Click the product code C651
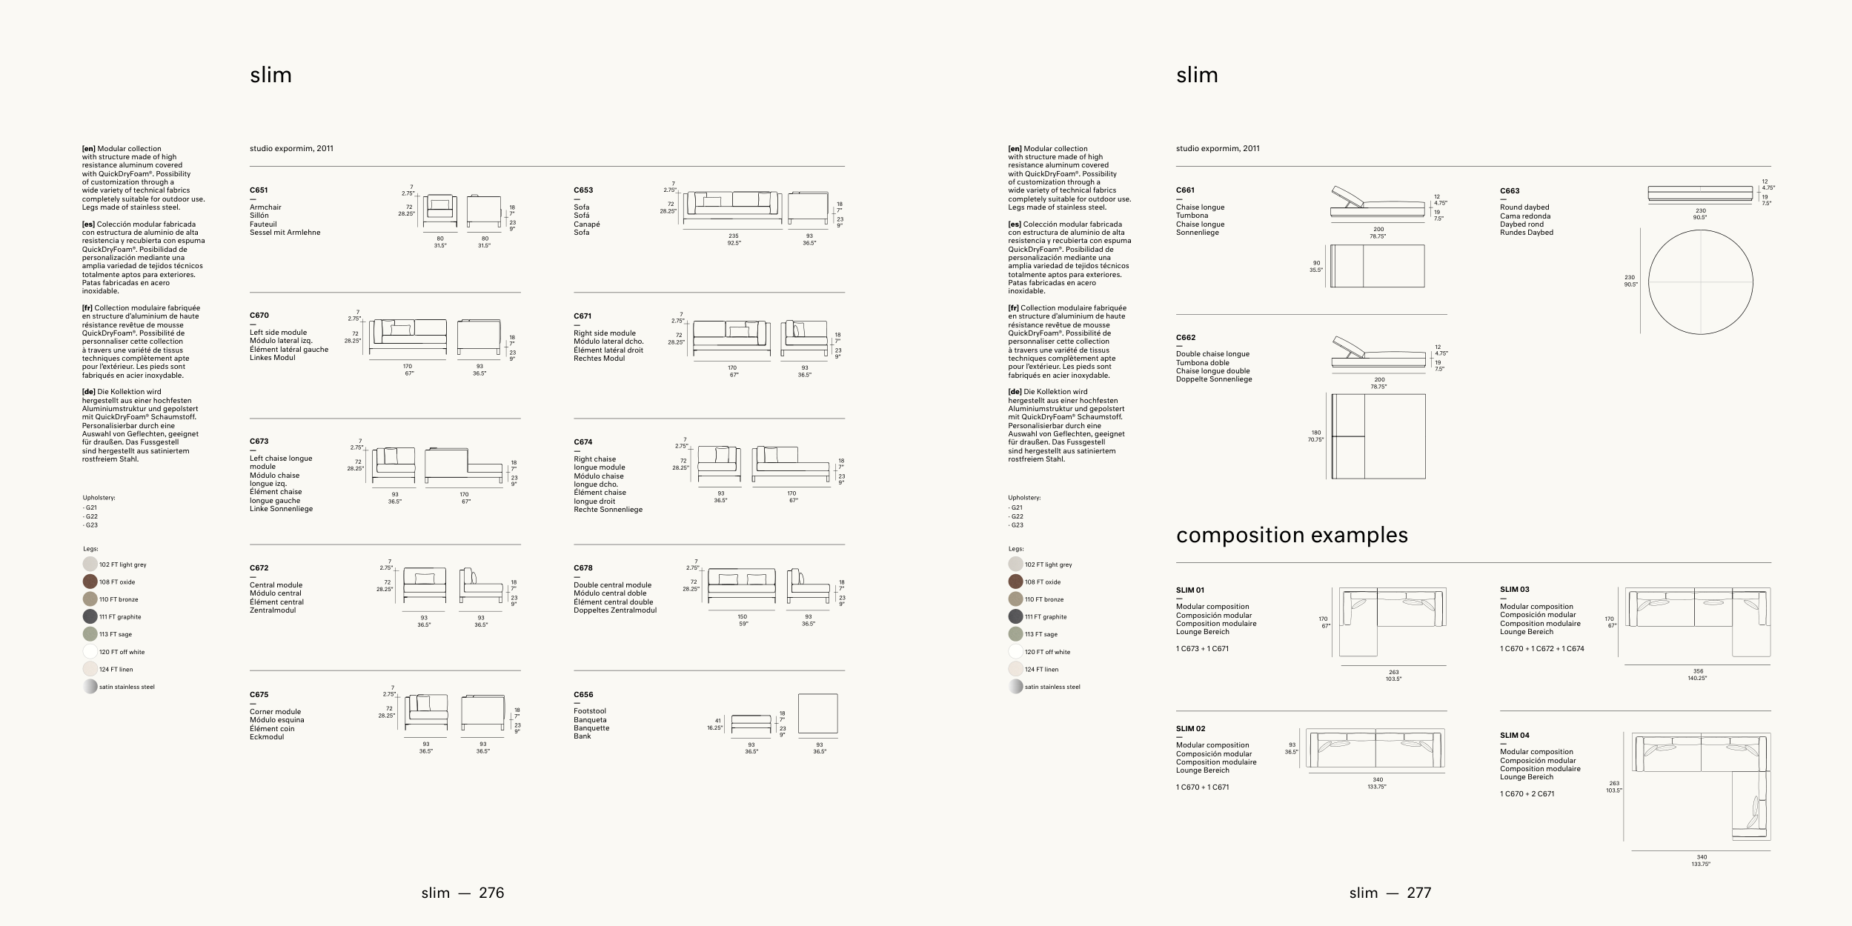point(259,190)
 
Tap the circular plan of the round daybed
point(1700,282)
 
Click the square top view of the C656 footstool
point(817,713)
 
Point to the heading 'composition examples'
point(1291,535)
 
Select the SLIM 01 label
point(1190,590)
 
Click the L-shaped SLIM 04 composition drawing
point(1701,786)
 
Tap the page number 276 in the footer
point(491,893)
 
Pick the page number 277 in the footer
point(1418,893)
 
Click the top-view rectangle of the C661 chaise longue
point(1378,266)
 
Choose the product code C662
point(1186,338)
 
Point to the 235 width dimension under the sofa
point(734,236)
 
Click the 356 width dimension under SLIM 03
point(1697,671)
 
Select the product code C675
point(259,695)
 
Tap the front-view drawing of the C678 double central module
point(741,585)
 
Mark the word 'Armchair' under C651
point(265,207)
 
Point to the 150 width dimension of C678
point(742,616)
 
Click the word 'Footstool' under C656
point(590,711)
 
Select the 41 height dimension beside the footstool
point(717,720)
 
